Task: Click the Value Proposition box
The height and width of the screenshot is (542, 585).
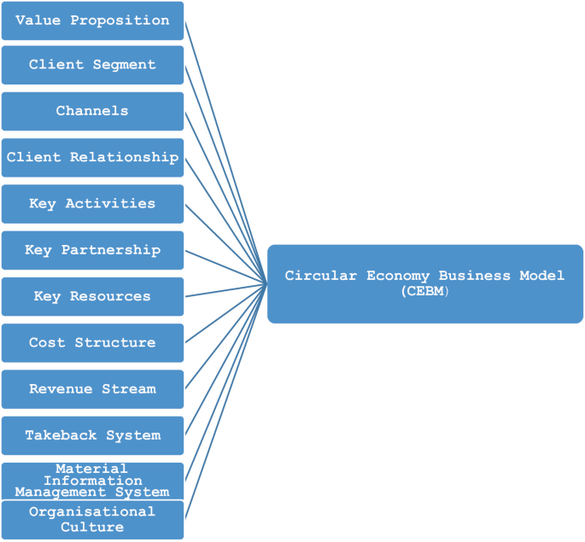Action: (x=92, y=20)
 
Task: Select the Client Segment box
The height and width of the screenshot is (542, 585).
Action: (x=92, y=65)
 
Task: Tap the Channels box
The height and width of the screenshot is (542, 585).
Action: (x=92, y=111)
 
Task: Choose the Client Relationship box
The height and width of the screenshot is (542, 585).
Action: (x=92, y=157)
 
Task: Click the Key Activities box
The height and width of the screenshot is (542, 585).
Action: (x=92, y=203)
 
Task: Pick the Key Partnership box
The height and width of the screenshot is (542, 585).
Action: (x=92, y=250)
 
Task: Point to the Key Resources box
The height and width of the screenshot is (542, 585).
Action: (x=92, y=296)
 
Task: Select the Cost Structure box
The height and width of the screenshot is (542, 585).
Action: (x=92, y=342)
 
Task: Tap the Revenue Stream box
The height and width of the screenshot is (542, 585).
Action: (x=92, y=388)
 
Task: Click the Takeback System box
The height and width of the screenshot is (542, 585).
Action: (x=92, y=435)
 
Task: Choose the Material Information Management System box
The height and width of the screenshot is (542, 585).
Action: (x=92, y=481)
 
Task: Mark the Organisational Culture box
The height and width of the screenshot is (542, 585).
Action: (x=92, y=519)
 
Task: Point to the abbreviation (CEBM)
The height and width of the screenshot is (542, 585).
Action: (x=424, y=291)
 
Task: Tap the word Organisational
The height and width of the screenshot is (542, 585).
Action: (x=92, y=511)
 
